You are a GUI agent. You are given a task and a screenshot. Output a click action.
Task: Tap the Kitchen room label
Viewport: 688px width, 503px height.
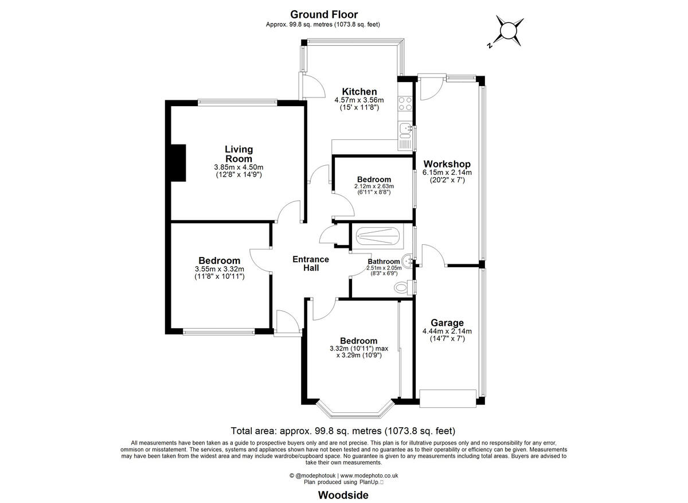tap(359, 92)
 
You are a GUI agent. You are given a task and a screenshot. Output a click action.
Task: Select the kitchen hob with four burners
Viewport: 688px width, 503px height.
tap(406, 103)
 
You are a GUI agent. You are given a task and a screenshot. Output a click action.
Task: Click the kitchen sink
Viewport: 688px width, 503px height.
tap(406, 130)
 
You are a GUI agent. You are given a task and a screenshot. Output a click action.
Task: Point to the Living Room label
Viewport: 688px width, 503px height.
tap(239, 154)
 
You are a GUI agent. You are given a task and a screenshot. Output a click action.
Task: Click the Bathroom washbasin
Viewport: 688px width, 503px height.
tap(408, 262)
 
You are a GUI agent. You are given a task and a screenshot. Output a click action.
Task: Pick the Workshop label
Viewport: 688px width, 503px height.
tap(447, 164)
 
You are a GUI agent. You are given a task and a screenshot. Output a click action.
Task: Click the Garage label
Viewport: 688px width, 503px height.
tap(447, 323)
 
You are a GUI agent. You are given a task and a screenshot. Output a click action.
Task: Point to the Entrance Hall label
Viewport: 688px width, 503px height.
tap(311, 263)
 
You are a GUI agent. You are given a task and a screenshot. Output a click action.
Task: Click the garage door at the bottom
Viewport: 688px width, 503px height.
tap(448, 397)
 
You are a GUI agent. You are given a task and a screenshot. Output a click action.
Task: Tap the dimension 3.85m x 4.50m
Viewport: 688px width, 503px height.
tap(239, 167)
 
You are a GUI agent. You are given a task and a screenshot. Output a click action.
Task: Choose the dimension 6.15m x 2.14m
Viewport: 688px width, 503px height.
tap(447, 173)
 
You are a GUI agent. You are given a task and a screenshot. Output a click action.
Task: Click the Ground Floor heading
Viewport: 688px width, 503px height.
tap(324, 14)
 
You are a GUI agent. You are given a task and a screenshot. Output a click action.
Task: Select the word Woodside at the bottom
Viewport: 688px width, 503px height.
tap(343, 494)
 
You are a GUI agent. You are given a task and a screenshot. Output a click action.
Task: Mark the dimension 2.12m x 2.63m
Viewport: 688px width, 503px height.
tap(373, 186)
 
